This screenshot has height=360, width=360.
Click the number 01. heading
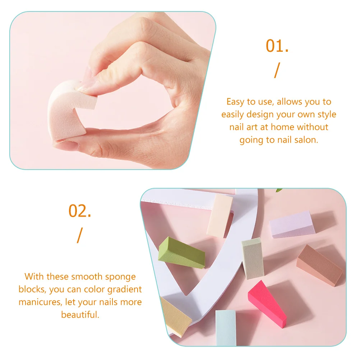tap(277, 46)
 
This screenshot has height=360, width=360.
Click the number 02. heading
tap(80, 211)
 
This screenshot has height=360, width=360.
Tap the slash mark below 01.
tap(276, 70)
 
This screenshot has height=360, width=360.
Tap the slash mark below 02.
tap(79, 235)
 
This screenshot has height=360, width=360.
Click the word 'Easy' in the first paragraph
tap(235, 102)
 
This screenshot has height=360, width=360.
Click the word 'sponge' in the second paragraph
tap(120, 277)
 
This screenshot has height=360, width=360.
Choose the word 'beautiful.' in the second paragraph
tap(80, 315)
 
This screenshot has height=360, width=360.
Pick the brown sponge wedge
tap(319, 264)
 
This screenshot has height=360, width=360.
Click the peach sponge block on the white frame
tap(220, 215)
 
